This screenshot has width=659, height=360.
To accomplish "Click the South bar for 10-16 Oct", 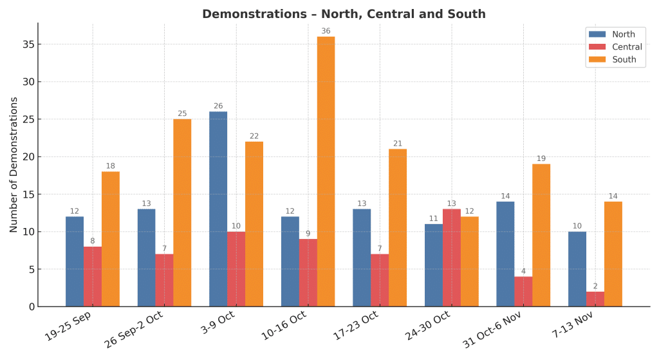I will point(326,171).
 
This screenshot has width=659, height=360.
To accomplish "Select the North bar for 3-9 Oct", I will point(218,209).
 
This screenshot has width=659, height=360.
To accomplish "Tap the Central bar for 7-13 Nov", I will point(595,299).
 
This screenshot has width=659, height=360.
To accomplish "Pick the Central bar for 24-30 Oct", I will point(451,258).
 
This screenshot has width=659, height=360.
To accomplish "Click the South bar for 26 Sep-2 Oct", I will point(182,213).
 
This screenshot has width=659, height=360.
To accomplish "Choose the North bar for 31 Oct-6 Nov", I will point(505,254).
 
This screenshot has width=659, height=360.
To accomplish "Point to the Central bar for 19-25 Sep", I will point(93,276).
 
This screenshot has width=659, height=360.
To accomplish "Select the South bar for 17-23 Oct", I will point(398,227).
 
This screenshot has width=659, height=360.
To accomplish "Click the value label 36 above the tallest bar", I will point(326,31).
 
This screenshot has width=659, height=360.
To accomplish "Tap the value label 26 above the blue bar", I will point(218,106).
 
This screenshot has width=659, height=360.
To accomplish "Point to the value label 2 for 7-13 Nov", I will point(595,286).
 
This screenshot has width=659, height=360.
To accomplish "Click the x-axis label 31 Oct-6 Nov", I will point(492,330).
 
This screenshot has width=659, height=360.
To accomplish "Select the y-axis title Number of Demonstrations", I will point(14,164).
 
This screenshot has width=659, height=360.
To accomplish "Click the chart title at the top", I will point(344,14).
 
